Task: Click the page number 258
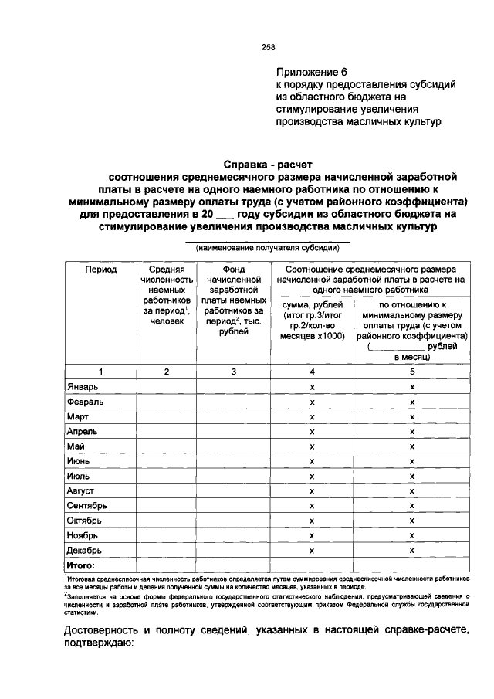click(269, 47)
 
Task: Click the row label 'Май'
click(76, 446)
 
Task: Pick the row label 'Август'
click(83, 491)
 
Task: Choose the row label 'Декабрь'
click(85, 551)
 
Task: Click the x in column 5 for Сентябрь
click(412, 506)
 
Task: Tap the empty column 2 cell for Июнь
click(166, 461)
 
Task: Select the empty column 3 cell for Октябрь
click(233, 521)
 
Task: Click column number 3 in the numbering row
click(233, 372)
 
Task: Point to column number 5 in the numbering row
click(412, 372)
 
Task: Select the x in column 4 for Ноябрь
click(312, 535)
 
